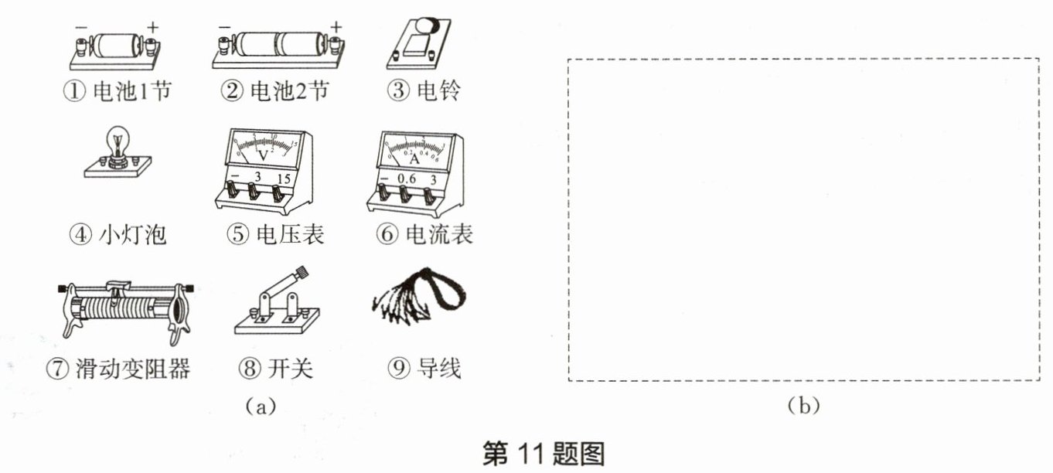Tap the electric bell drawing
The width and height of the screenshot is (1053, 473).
(x=419, y=44)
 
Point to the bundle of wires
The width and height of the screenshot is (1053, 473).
(x=418, y=296)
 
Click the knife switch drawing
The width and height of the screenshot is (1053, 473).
(x=278, y=302)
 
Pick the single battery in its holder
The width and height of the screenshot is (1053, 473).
(x=116, y=50)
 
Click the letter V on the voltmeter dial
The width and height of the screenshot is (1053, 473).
(x=263, y=155)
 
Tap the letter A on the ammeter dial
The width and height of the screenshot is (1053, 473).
(x=414, y=159)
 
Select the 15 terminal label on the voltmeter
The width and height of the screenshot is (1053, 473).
(x=284, y=179)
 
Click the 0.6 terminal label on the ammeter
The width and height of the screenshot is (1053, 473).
(x=407, y=179)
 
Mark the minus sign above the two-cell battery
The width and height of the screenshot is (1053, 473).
(x=224, y=27)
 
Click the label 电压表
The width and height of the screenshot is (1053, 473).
(x=290, y=234)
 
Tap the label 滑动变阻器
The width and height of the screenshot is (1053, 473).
(x=133, y=368)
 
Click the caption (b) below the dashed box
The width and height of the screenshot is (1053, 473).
(x=804, y=405)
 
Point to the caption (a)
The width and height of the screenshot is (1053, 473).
(x=261, y=406)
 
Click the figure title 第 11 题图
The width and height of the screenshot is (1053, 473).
(x=544, y=453)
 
